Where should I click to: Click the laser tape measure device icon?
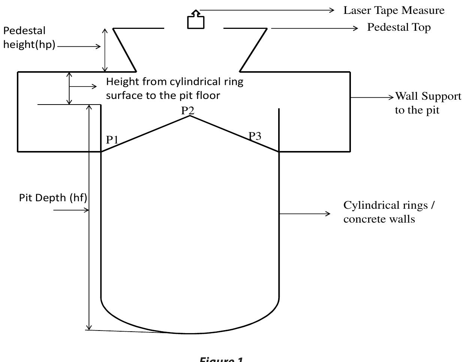click(x=196, y=21)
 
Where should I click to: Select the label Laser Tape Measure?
click(x=394, y=10)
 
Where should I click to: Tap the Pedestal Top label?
click(x=399, y=27)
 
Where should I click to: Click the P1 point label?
click(x=112, y=140)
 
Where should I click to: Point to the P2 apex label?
click(x=188, y=111)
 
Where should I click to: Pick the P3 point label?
click(x=255, y=136)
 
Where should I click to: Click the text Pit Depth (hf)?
click(x=53, y=197)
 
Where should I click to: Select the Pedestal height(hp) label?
click(x=29, y=37)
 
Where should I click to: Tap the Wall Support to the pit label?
click(x=428, y=103)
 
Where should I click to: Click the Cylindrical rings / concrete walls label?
click(x=389, y=212)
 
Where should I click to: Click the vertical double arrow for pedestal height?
click(x=105, y=49)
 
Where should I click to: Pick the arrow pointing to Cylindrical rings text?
click(x=304, y=214)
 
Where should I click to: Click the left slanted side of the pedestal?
click(x=124, y=49)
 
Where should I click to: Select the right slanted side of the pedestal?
click(x=253, y=49)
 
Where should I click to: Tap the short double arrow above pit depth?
click(x=69, y=88)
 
